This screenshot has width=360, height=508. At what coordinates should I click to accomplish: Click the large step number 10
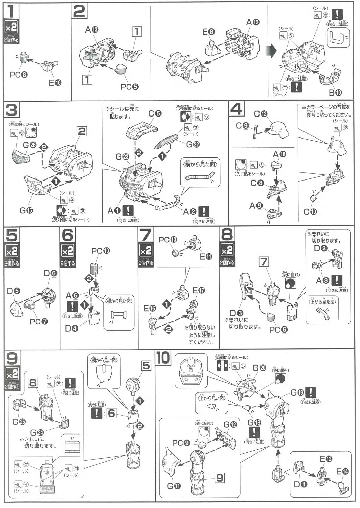[x=163, y=358]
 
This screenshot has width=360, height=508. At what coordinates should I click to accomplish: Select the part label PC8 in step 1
[x=18, y=75]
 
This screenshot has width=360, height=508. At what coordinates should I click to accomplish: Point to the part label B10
[x=335, y=92]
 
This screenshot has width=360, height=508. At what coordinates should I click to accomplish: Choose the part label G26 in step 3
[x=29, y=145]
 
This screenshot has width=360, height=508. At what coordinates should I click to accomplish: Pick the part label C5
[x=155, y=113]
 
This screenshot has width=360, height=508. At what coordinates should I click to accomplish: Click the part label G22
[x=193, y=144]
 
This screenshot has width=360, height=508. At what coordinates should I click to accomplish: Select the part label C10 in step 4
[x=310, y=212]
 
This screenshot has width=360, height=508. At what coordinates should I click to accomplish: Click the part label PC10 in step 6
[x=100, y=251]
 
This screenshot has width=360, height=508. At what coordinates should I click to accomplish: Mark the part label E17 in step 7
[x=199, y=290]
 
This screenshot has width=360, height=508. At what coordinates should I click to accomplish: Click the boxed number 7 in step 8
[x=264, y=261]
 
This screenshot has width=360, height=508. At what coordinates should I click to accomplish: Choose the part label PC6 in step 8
[x=278, y=329]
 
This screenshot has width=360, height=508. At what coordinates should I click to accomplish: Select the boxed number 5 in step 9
[x=146, y=365]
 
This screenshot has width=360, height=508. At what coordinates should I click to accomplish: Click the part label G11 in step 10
[x=174, y=486]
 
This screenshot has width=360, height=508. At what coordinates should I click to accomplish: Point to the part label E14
[x=343, y=471]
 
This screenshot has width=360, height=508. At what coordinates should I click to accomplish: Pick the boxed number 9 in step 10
[x=220, y=478]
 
